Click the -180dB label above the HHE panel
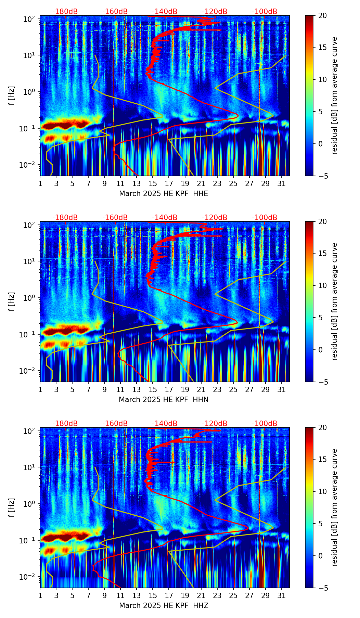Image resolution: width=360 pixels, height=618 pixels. (65, 12)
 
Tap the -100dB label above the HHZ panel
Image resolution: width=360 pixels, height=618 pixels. (265, 424)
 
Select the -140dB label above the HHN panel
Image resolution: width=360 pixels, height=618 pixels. (165, 218)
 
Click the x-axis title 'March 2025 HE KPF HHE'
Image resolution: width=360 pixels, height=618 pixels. (164, 194)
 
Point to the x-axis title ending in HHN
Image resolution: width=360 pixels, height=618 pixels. (164, 400)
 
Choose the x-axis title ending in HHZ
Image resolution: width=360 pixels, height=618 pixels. (164, 606)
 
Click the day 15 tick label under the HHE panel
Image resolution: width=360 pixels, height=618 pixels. (153, 183)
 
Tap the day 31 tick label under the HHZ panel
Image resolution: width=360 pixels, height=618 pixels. (281, 595)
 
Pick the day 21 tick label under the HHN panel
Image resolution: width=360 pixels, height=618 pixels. (201, 389)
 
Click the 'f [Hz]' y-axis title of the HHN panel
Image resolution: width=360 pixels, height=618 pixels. (12, 301)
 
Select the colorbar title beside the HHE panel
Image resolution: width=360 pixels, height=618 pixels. (334, 95)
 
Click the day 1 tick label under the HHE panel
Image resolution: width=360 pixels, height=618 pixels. (40, 183)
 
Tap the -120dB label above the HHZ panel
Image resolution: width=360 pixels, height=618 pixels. (215, 424)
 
